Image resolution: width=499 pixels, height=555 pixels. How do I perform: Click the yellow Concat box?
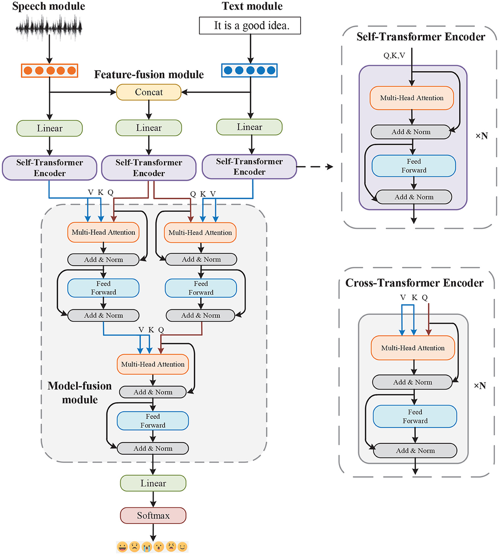(149, 92)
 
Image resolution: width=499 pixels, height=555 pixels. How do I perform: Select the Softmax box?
(153, 515)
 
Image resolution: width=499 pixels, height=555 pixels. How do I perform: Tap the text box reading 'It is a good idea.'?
(250, 26)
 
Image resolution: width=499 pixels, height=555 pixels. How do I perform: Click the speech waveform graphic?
(49, 27)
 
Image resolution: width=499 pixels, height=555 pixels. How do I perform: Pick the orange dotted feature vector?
(49, 70)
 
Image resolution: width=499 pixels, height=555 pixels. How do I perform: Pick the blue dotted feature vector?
(249, 70)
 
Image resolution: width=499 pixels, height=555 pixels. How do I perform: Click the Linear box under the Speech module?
(49, 128)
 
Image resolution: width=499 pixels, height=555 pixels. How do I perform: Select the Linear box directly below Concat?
(149, 128)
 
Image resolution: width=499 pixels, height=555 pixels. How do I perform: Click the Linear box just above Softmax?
(153, 483)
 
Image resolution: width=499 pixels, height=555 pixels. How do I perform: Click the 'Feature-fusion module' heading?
(149, 75)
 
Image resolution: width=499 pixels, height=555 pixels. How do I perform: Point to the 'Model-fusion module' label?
(79, 393)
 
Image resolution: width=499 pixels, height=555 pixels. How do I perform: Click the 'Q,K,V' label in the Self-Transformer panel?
(394, 55)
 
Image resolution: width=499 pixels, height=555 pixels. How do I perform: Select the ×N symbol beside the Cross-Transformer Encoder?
(480, 386)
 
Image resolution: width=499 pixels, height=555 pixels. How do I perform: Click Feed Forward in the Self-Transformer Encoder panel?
(414, 166)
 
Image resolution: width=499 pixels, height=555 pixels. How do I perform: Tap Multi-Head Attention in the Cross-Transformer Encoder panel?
(413, 348)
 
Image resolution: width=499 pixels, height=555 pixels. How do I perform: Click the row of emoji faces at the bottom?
(152, 547)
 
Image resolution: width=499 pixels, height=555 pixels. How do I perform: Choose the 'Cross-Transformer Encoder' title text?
(414, 283)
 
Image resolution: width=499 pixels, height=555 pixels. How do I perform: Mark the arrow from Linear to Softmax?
(153, 499)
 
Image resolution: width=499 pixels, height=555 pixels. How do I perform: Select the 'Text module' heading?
(252, 6)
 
